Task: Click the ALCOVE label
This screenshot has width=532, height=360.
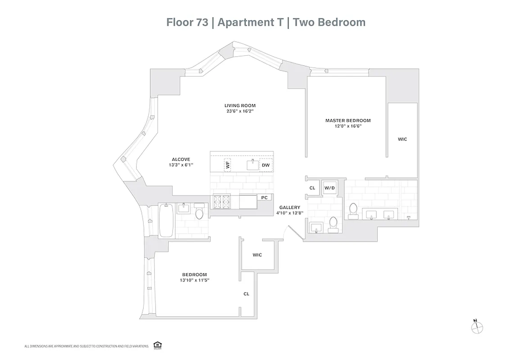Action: click(x=181, y=159)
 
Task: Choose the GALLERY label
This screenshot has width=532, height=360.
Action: click(x=289, y=207)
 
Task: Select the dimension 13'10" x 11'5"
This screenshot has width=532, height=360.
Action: click(x=194, y=280)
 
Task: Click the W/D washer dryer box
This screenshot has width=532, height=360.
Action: click(x=329, y=188)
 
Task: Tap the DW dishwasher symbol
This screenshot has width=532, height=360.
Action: click(x=266, y=165)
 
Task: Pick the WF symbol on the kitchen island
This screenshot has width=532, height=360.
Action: click(x=227, y=165)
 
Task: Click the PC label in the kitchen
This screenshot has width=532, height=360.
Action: click(x=264, y=198)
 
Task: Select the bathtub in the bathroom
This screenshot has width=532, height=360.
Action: click(x=166, y=220)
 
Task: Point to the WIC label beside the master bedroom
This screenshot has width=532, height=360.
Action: click(x=402, y=139)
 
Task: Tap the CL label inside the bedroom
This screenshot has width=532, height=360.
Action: click(x=246, y=294)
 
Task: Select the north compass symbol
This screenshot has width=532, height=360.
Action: click(x=476, y=328)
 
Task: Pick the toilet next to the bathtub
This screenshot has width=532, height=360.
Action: click(x=199, y=211)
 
